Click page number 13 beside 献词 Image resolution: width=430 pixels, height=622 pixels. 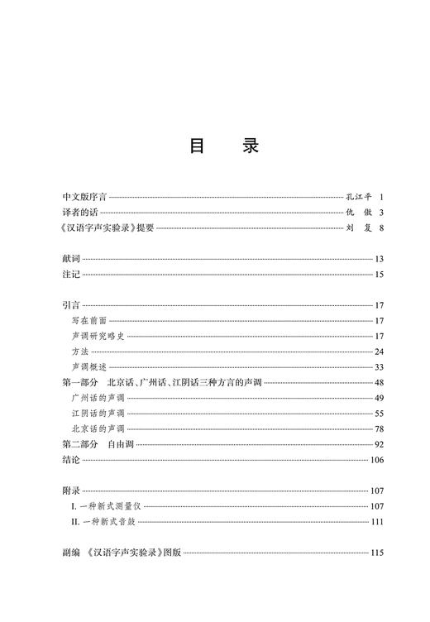click(x=380, y=260)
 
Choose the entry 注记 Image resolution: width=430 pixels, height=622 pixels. click(x=72, y=275)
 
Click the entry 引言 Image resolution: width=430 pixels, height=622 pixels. click(x=72, y=305)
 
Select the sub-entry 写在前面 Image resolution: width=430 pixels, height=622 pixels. click(x=89, y=320)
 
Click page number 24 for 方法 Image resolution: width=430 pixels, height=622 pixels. click(x=380, y=351)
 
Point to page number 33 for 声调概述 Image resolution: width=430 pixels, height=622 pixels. click(x=380, y=366)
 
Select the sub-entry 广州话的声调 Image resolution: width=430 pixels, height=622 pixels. click(x=98, y=398)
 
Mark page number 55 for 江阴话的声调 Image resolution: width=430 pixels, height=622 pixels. click(x=380, y=413)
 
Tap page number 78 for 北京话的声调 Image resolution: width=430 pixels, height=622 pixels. click(x=380, y=428)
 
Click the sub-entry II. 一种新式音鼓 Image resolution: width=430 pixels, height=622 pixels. click(x=107, y=521)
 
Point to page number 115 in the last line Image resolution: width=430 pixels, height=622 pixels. click(x=378, y=553)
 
